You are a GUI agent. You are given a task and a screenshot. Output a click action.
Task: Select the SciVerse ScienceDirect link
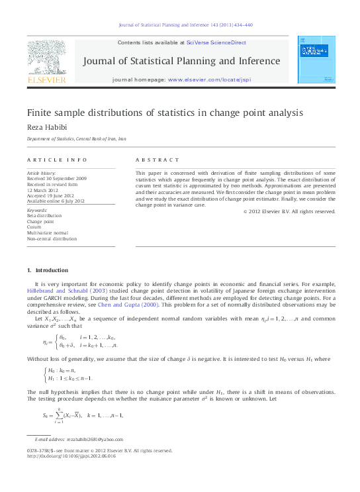pyautogui.click(x=216, y=42)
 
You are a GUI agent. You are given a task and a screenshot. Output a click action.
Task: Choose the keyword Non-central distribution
pyautogui.click(x=52, y=238)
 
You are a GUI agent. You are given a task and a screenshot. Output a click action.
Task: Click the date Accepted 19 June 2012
pyautogui.click(x=56, y=195)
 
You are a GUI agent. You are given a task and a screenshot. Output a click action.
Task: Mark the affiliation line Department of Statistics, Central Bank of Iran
pyautogui.click(x=76, y=139)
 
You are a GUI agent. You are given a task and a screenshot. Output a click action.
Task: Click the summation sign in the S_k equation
pyautogui.click(x=58, y=415)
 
